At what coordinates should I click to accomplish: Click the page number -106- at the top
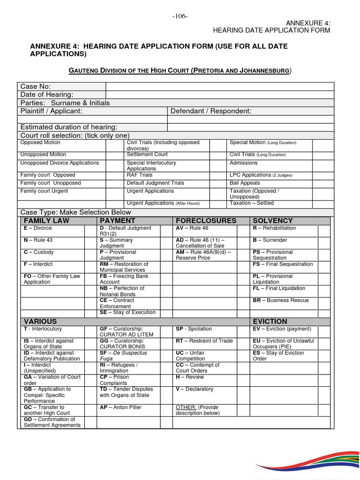(x=180, y=16)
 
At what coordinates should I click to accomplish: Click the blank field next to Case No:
(x=219, y=86)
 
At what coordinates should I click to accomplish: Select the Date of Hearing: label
(x=47, y=95)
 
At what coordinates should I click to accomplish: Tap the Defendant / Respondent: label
(x=211, y=111)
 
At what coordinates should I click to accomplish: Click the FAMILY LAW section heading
(x=46, y=221)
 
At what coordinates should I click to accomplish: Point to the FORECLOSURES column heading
(x=206, y=221)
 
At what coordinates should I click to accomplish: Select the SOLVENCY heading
(x=272, y=221)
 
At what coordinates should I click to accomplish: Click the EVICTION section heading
(x=270, y=322)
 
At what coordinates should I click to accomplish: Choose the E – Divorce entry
(x=38, y=228)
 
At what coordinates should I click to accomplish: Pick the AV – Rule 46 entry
(x=192, y=228)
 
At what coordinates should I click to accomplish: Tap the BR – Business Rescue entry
(x=281, y=300)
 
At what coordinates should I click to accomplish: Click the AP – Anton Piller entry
(x=120, y=407)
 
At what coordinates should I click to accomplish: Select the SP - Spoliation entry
(x=194, y=329)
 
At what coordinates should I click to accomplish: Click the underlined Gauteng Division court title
(x=180, y=71)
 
